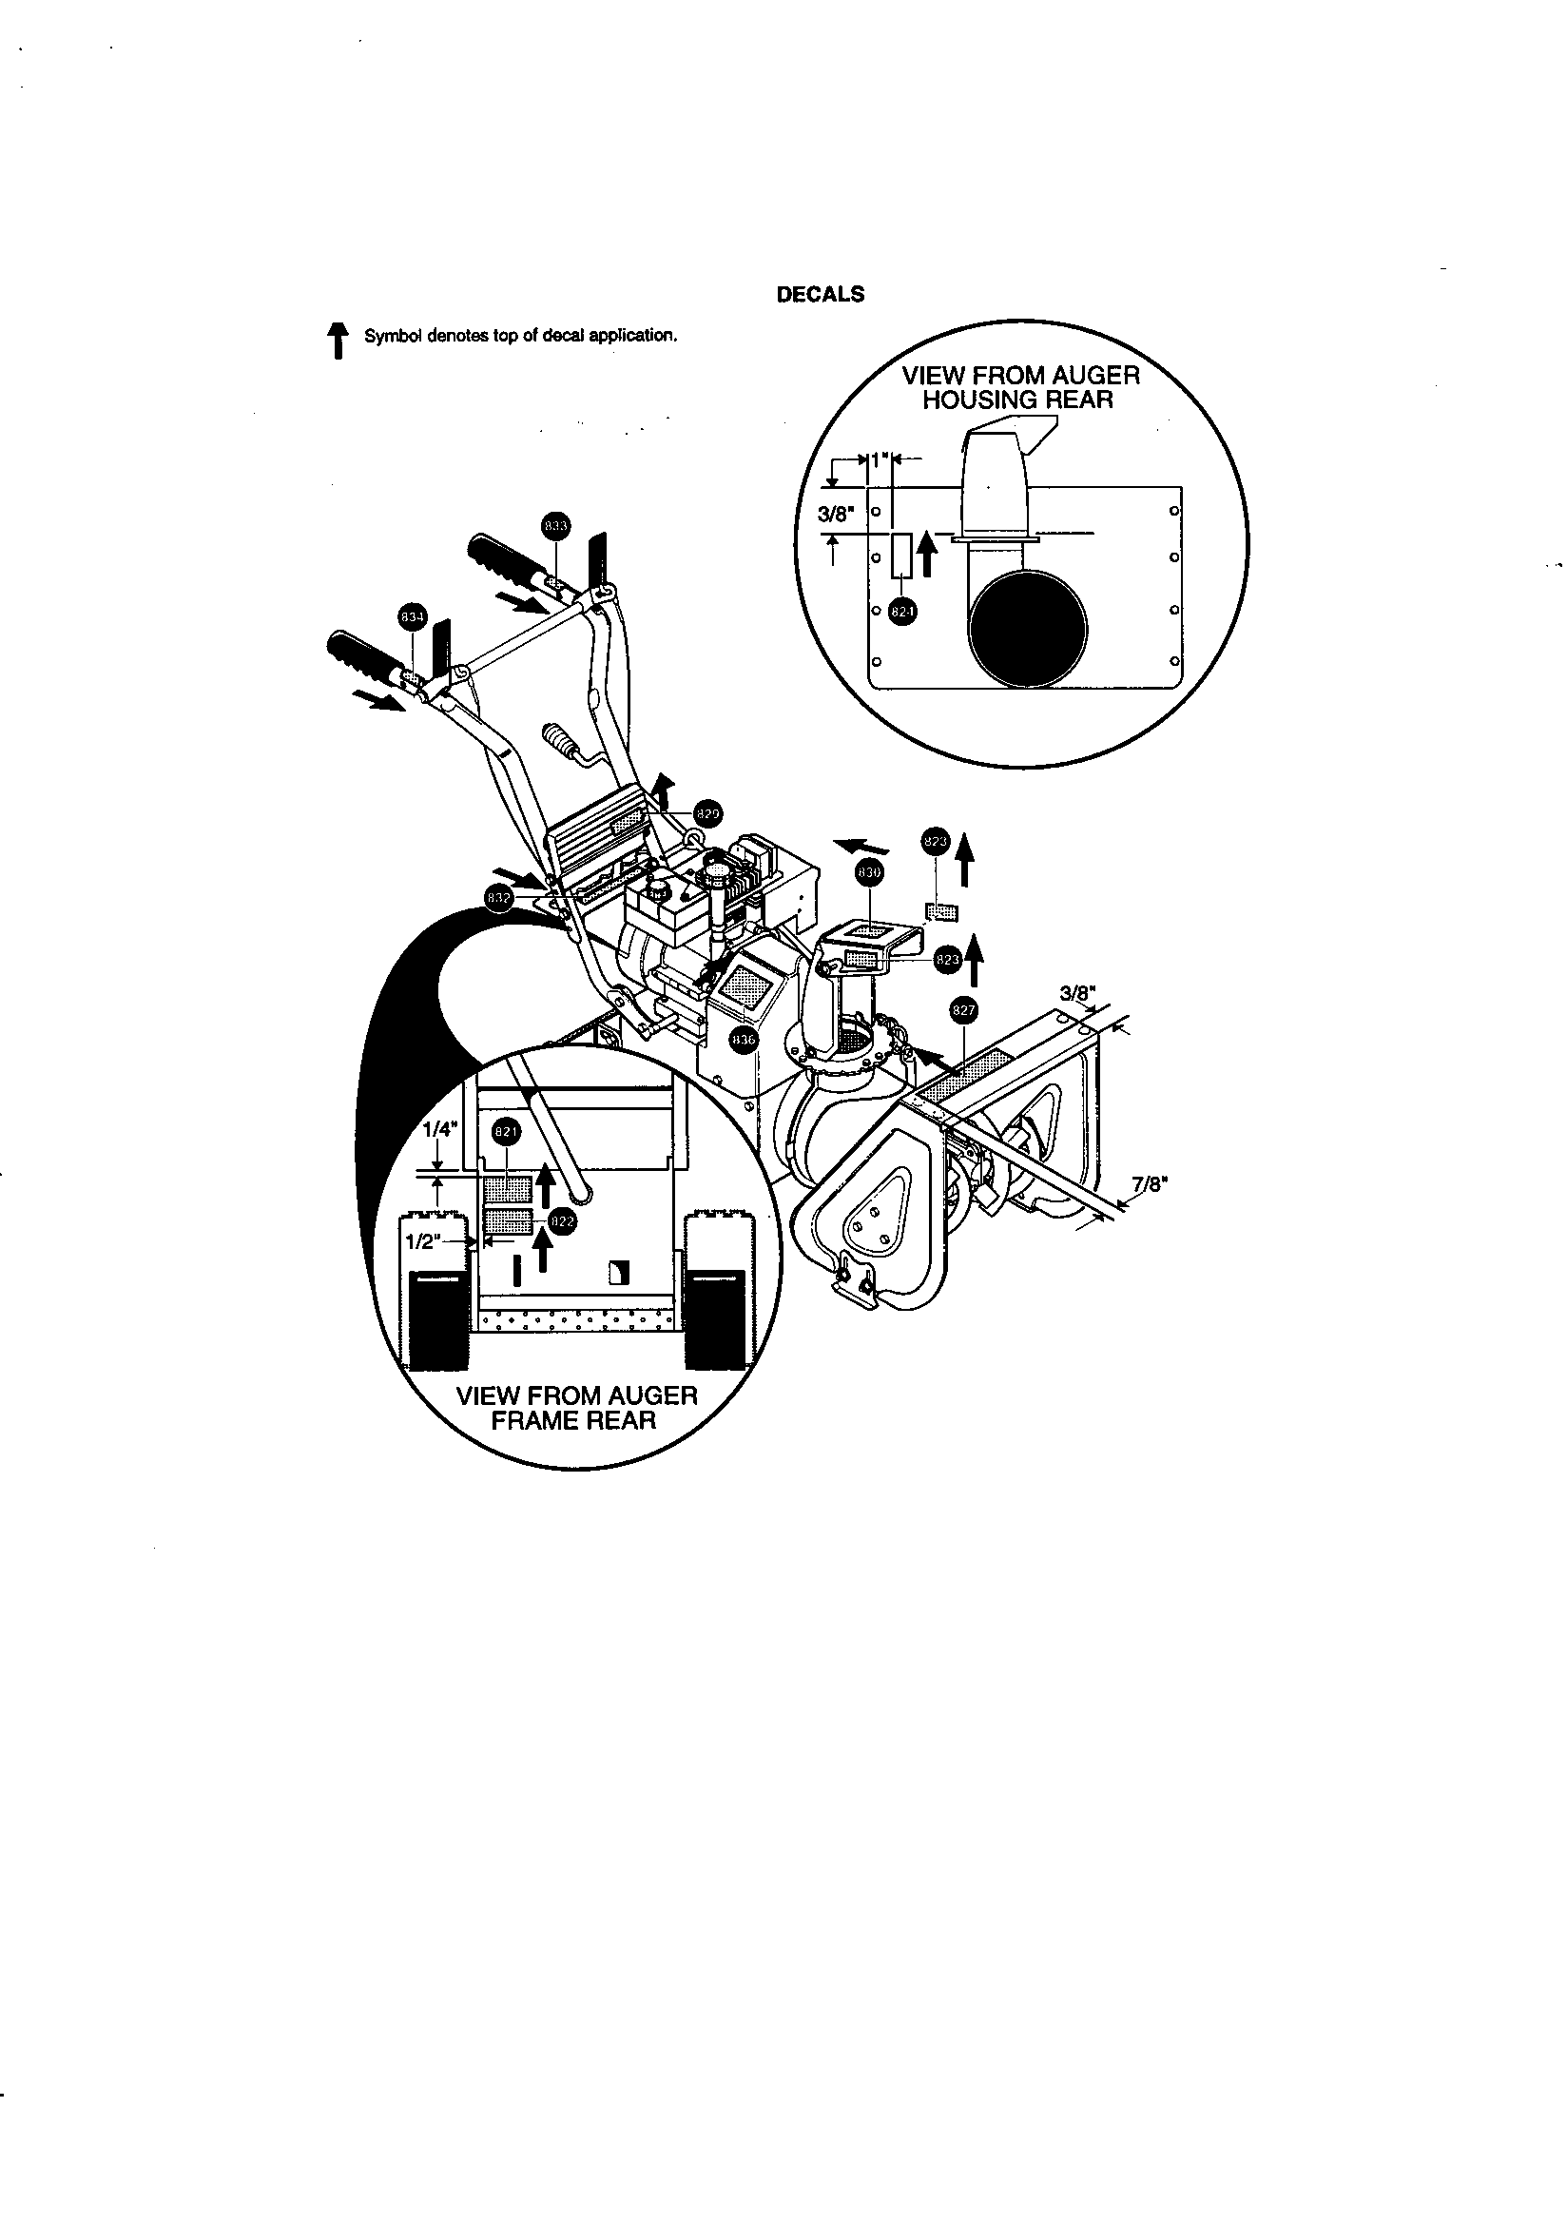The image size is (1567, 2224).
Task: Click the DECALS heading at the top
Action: [821, 295]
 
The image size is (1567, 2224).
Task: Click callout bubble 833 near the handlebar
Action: [555, 526]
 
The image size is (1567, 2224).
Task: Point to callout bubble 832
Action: [498, 898]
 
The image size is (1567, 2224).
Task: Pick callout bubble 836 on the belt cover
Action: [743, 1040]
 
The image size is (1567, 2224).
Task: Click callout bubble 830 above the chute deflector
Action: [869, 872]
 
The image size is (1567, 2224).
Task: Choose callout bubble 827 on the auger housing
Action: [962, 1010]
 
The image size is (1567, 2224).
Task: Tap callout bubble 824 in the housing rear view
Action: [902, 611]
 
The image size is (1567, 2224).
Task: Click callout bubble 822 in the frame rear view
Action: [562, 1221]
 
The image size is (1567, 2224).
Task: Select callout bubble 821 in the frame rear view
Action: [507, 1130]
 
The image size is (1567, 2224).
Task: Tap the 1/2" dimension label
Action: [423, 1242]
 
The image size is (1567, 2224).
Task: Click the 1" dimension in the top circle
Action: [879, 460]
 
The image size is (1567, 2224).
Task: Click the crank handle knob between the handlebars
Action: [561, 744]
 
